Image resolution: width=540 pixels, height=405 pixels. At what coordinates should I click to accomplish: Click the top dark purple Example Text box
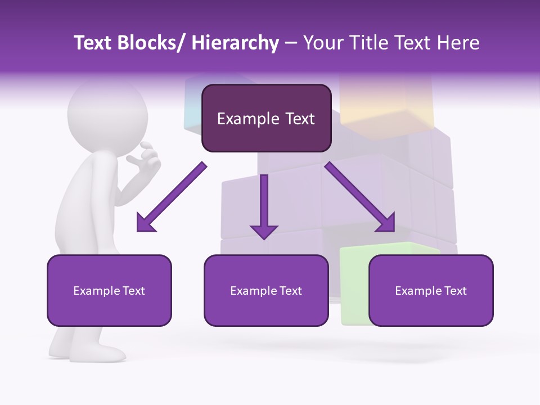(x=266, y=119)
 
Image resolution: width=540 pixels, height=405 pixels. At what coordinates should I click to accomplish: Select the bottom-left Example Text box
(x=109, y=290)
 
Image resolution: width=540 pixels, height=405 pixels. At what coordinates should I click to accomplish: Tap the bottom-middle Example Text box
(x=266, y=290)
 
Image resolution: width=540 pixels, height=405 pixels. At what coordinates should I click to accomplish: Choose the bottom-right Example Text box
(x=431, y=290)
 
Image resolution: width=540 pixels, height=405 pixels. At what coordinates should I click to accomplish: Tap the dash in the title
(x=291, y=43)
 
